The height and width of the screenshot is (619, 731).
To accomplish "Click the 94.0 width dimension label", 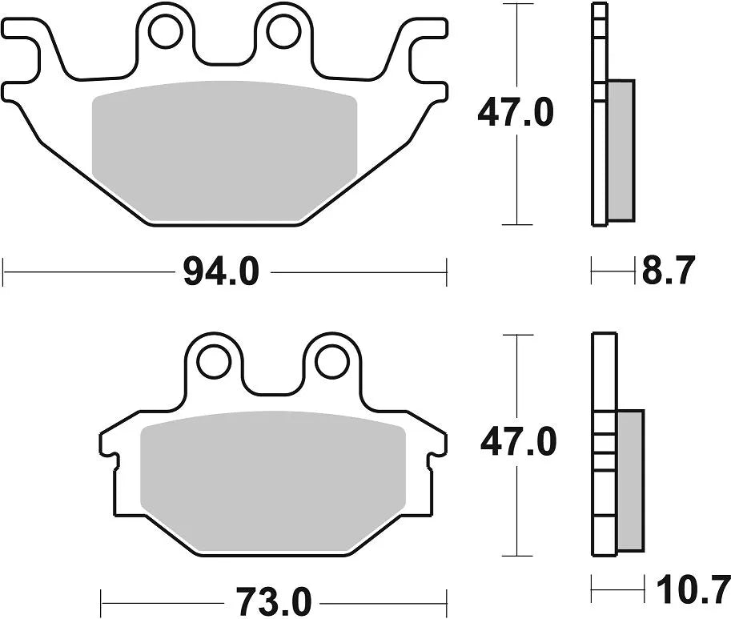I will point(222,272).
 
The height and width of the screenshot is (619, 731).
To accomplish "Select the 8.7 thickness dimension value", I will point(667,271).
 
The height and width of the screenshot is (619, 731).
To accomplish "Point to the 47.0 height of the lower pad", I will point(517,441).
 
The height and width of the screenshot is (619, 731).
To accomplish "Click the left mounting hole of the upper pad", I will point(165,31).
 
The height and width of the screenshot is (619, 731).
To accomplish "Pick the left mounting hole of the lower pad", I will point(213,361).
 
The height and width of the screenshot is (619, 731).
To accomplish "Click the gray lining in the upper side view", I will point(621,148).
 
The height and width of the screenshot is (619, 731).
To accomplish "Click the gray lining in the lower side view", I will point(630,480).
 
